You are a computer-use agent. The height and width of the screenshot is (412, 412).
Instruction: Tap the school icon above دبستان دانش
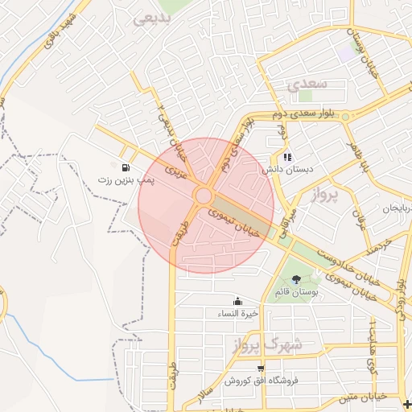[286, 157]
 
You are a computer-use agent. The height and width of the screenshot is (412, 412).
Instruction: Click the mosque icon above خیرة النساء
[236, 301]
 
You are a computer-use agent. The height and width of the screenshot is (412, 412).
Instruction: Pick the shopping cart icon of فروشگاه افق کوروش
[260, 368]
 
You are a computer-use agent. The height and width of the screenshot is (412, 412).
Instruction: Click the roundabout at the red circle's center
[204, 196]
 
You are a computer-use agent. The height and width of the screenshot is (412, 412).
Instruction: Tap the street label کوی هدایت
[372, 350]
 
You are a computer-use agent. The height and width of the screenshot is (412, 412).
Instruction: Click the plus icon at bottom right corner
[406, 405]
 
